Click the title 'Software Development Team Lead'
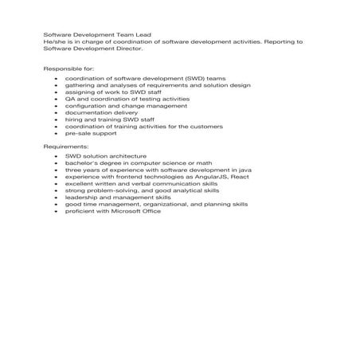(x=96, y=35)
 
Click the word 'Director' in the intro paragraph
(x=128, y=49)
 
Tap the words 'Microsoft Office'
(x=136, y=211)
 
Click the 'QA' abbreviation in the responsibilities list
(x=70, y=99)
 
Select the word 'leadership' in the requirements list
(x=81, y=198)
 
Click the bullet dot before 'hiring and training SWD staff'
(x=54, y=119)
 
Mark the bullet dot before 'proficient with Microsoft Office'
(x=54, y=211)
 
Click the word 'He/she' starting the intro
(x=53, y=41)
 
